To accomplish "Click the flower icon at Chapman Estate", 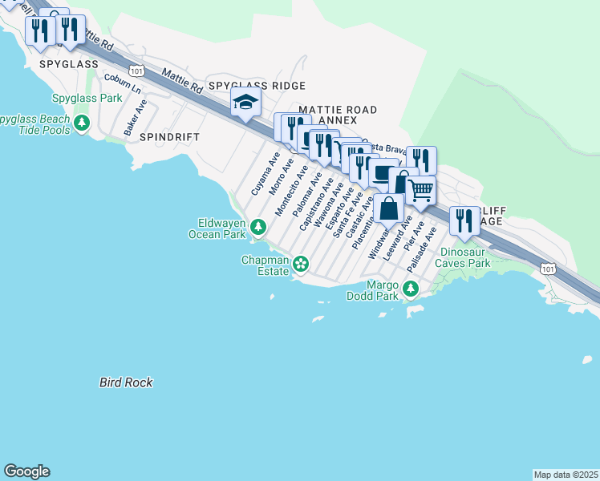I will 301,263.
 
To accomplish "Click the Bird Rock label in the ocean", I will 126,383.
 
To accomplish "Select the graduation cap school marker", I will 246,103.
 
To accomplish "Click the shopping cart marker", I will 421,190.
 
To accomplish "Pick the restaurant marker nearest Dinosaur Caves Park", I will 464,220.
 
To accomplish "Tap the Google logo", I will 26,471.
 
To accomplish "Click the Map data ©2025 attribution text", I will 566,475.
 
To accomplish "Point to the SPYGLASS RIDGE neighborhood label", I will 256,86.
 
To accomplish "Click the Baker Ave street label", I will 135,117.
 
